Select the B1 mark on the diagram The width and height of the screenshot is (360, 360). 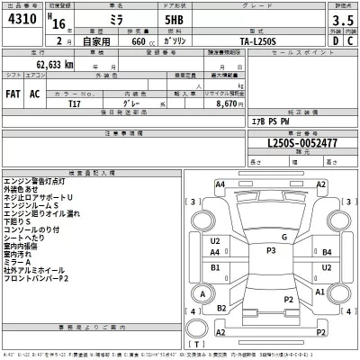[x=216, y=267]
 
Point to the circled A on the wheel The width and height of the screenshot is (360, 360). [x=205, y=293]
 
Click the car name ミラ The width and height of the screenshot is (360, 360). [x=90, y=24]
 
